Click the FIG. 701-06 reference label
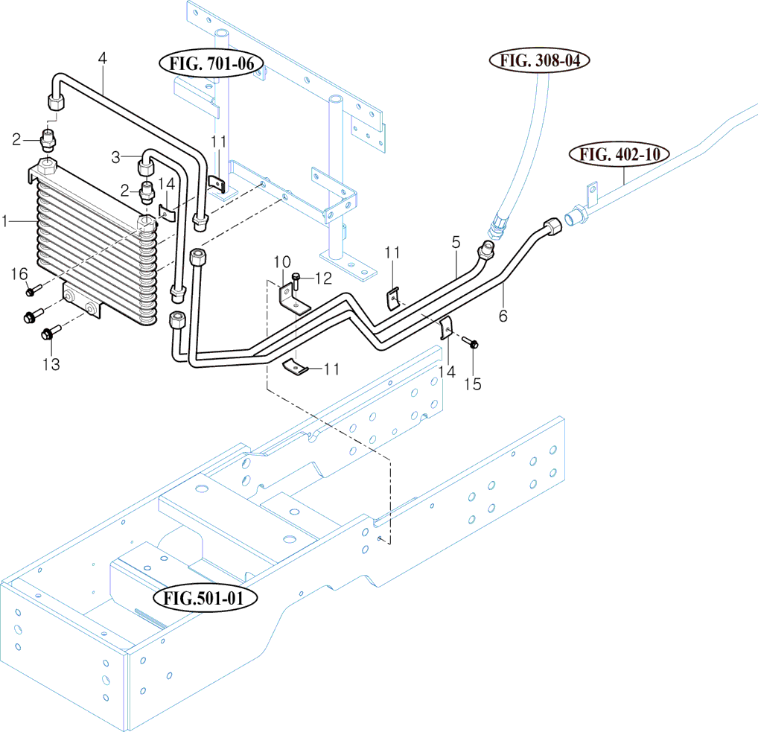(x=211, y=64)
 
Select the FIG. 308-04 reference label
(x=534, y=60)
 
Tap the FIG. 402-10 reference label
(x=620, y=155)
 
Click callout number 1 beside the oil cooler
(x=5, y=221)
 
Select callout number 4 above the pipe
(x=102, y=57)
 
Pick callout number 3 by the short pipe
(x=116, y=157)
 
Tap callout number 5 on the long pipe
(x=456, y=242)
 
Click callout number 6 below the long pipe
(x=503, y=316)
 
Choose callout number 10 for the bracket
(x=281, y=261)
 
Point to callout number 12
(x=322, y=278)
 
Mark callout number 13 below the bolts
(x=51, y=364)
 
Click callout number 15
(x=472, y=383)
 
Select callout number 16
(x=19, y=275)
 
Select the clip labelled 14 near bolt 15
(x=447, y=327)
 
